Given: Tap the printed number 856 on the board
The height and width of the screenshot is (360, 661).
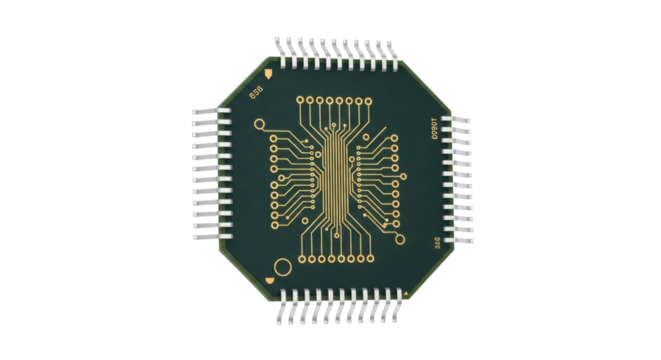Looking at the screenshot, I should click(x=254, y=93).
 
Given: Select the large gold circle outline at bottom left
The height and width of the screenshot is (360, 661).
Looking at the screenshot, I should click(x=283, y=267).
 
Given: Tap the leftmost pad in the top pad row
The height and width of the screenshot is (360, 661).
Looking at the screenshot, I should click(x=300, y=100).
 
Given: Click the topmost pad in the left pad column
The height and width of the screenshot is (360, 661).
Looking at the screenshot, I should click(x=275, y=142).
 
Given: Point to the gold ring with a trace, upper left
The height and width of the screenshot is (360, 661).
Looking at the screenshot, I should click(x=260, y=125).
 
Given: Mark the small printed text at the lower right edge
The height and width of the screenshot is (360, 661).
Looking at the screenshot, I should click(x=436, y=242).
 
